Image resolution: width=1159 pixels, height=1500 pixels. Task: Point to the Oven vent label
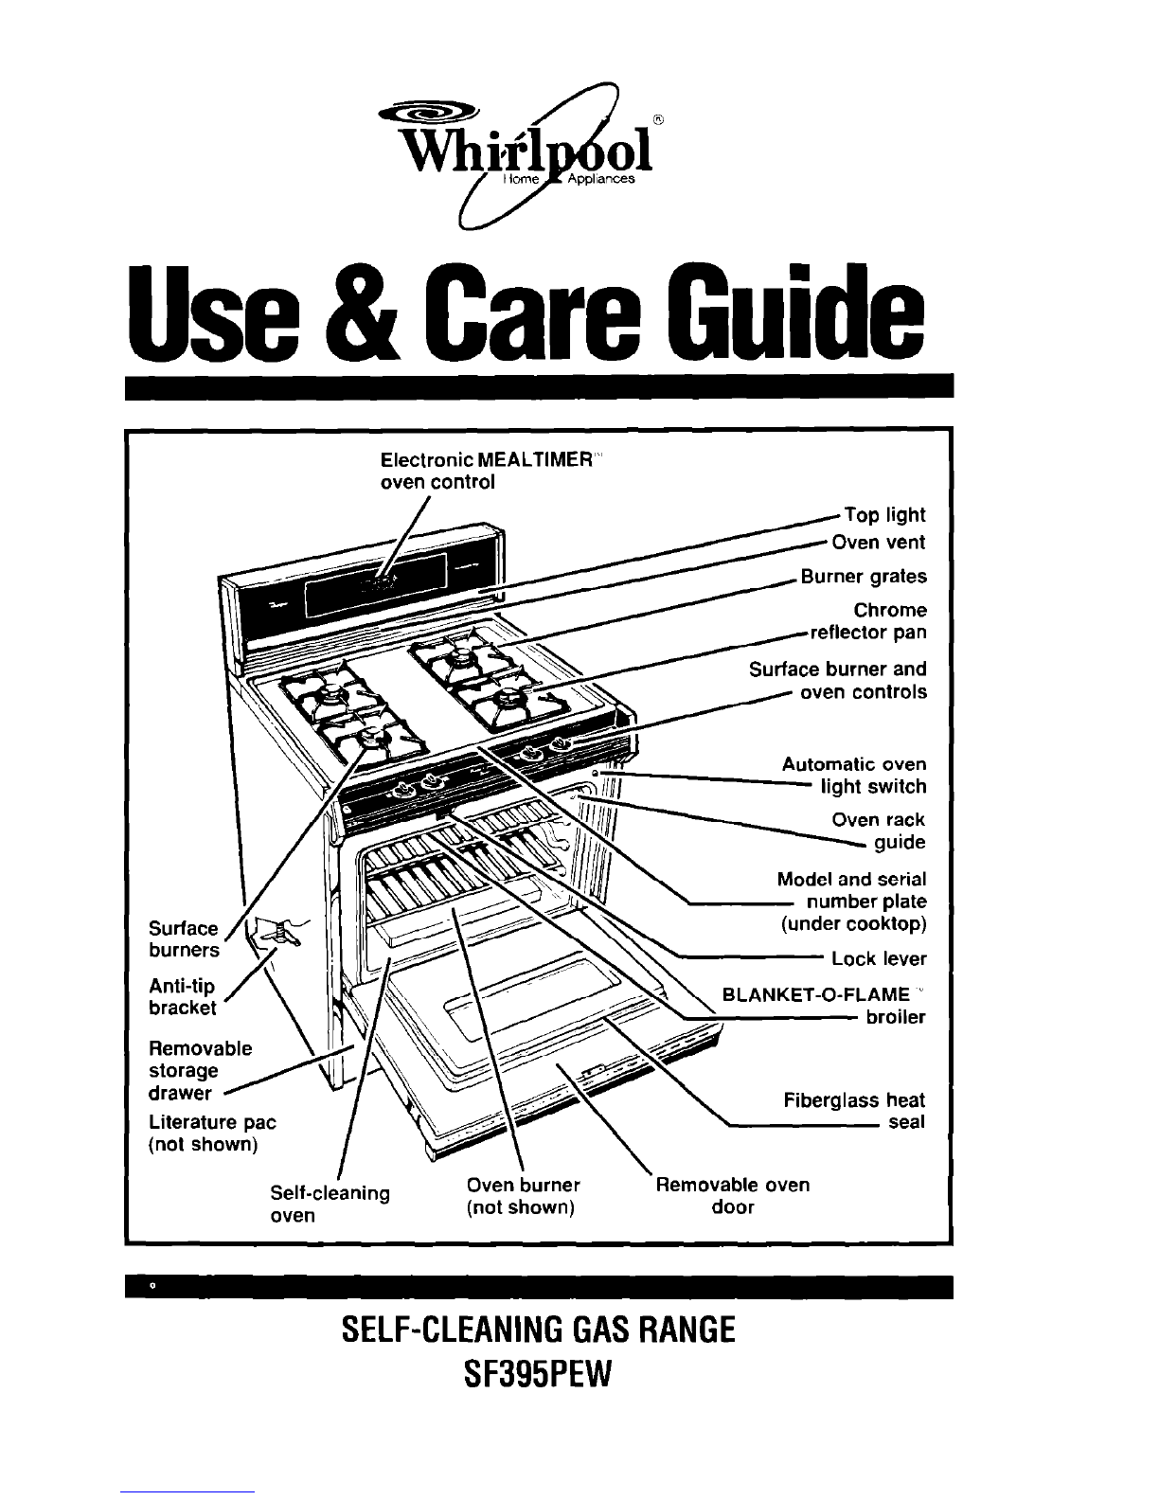pyautogui.click(x=878, y=543)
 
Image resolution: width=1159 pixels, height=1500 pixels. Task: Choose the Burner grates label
pyautogui.click(x=864, y=577)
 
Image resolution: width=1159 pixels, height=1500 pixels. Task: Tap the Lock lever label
pyautogui.click(x=878, y=959)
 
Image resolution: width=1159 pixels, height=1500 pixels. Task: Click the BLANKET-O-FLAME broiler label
pyautogui.click(x=823, y=1006)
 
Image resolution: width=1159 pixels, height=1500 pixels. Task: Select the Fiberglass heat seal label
pyautogui.click(x=854, y=1112)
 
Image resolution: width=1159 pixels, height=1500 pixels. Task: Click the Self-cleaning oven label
pyautogui.click(x=330, y=1202)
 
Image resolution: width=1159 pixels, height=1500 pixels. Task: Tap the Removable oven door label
pyautogui.click(x=733, y=1196)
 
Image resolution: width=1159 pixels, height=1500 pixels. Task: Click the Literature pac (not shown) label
pyautogui.click(x=212, y=1134)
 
